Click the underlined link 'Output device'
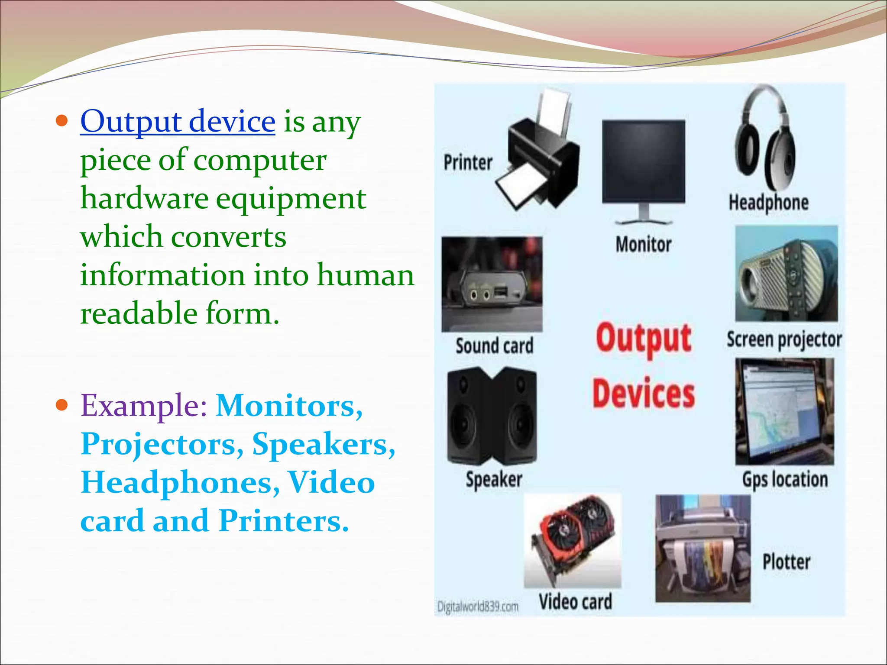(178, 121)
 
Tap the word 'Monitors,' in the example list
(289, 406)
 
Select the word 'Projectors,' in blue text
(162, 444)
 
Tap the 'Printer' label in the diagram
(468, 163)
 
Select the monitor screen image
(644, 162)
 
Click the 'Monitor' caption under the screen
(644, 245)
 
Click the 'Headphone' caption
(768, 203)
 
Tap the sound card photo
(492, 284)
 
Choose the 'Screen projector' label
(784, 340)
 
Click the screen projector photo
(787, 274)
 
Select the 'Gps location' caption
(785, 480)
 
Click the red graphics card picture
(573, 539)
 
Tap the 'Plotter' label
(786, 562)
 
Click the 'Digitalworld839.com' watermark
(478, 607)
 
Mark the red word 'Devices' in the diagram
(644, 393)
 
